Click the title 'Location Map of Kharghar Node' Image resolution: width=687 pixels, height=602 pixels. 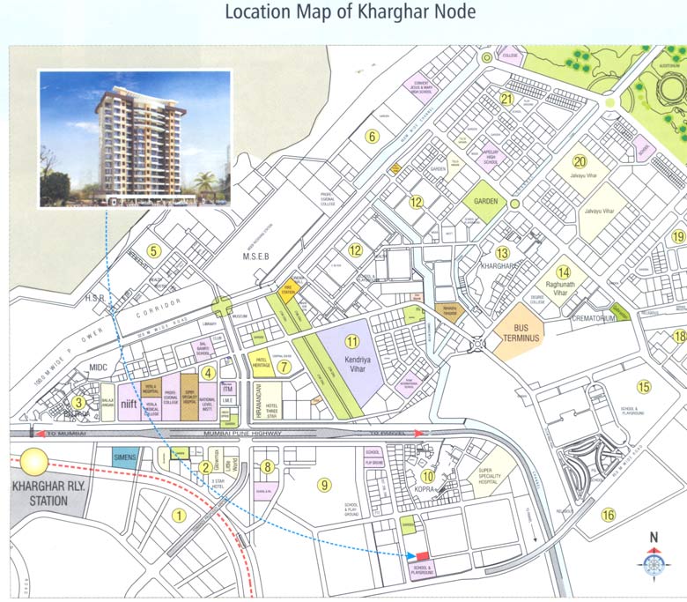pyautogui.click(x=351, y=13)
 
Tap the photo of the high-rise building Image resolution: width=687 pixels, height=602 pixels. pyautogui.click(x=135, y=138)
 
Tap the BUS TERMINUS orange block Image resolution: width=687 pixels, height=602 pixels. pyautogui.click(x=519, y=337)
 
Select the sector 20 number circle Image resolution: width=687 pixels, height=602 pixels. pyautogui.click(x=579, y=161)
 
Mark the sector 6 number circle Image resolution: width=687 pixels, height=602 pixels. pyautogui.click(x=372, y=136)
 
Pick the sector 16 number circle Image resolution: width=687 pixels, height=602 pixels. pyautogui.click(x=608, y=516)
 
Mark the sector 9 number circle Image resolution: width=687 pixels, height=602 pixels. pyautogui.click(x=324, y=483)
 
